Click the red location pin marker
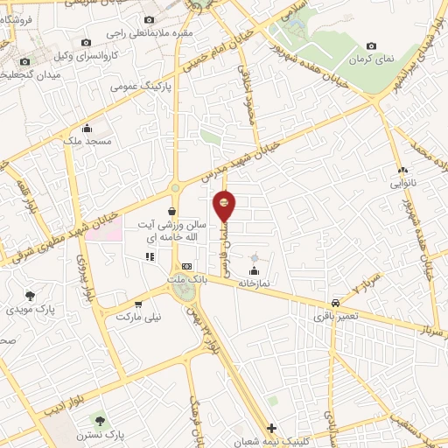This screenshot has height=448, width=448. (x=226, y=205)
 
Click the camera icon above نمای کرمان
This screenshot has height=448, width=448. (x=372, y=45)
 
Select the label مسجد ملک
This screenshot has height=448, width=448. (x=85, y=141)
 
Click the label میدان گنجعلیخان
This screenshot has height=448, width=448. (x=27, y=75)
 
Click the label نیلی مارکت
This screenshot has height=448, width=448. (x=140, y=317)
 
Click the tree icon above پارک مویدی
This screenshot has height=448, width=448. (x=31, y=296)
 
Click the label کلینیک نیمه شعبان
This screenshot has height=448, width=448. (x=272, y=442)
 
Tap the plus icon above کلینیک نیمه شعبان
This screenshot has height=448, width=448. (x=272, y=429)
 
